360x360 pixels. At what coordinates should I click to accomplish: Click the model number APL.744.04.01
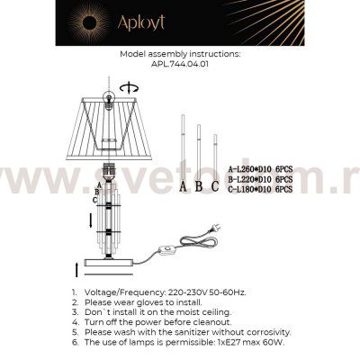[180, 65]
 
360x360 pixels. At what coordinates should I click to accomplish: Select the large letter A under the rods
[184, 187]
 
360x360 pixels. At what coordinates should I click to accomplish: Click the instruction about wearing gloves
[153, 303]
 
